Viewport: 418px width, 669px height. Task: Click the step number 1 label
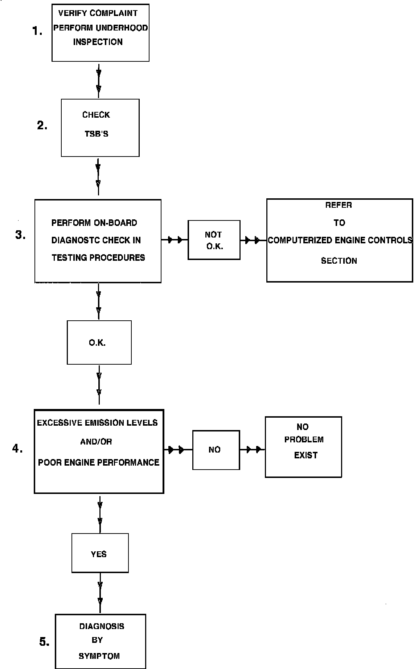[x=37, y=31]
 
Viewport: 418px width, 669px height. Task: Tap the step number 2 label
[x=42, y=125]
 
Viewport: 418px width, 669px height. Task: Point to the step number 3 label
[x=20, y=235]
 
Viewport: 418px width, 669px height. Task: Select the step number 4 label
[x=17, y=449]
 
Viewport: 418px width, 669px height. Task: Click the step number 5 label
[x=44, y=642]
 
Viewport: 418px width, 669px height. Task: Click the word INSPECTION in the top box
[x=98, y=42]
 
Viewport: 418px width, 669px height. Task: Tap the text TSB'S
[x=97, y=134]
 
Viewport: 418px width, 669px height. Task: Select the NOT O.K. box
[x=214, y=240]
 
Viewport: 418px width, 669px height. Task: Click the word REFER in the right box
[x=339, y=205]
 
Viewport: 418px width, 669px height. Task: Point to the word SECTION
[x=339, y=261]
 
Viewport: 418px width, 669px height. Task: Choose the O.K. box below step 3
[x=99, y=342]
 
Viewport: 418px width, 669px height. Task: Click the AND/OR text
[x=96, y=442]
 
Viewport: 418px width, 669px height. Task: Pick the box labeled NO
[x=216, y=450]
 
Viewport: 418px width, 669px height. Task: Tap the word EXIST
[x=306, y=455]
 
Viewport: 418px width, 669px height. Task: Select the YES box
[x=100, y=553]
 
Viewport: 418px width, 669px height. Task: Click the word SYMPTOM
[x=99, y=656]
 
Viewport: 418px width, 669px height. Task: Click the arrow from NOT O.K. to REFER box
[x=253, y=240]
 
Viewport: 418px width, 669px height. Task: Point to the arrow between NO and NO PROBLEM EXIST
[x=253, y=450]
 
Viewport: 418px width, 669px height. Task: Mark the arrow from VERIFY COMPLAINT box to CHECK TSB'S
[x=98, y=80]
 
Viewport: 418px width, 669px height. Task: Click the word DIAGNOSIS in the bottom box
[x=102, y=626]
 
